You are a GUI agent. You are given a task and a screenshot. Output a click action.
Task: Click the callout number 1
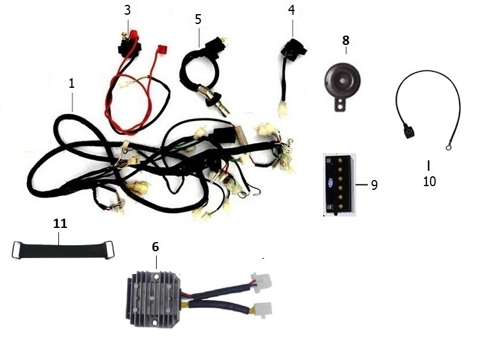click(x=72, y=83)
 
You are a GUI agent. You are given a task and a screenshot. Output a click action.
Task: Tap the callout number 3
click(x=127, y=10)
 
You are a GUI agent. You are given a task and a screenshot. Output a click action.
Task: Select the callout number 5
click(x=198, y=19)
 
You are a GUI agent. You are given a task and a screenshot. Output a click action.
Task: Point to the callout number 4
click(x=291, y=10)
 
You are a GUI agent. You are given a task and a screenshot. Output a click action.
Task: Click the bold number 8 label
click(x=346, y=40)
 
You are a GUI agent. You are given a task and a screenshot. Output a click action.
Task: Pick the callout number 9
click(x=374, y=185)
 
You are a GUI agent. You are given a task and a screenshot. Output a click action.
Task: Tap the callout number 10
click(x=429, y=181)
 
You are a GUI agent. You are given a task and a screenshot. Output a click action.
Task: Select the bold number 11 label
click(x=60, y=224)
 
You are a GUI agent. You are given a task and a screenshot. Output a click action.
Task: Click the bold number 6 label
click(x=155, y=247)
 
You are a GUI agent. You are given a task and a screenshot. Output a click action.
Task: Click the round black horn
click(x=343, y=80)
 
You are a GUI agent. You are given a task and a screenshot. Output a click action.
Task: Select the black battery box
click(x=340, y=185)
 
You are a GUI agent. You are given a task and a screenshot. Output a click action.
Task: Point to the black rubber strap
click(x=63, y=250)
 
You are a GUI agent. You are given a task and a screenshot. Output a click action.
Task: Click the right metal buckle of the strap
click(x=109, y=250)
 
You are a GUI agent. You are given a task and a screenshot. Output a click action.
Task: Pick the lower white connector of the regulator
click(x=262, y=310)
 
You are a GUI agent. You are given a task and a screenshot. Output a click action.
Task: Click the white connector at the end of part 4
click(x=283, y=109)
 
